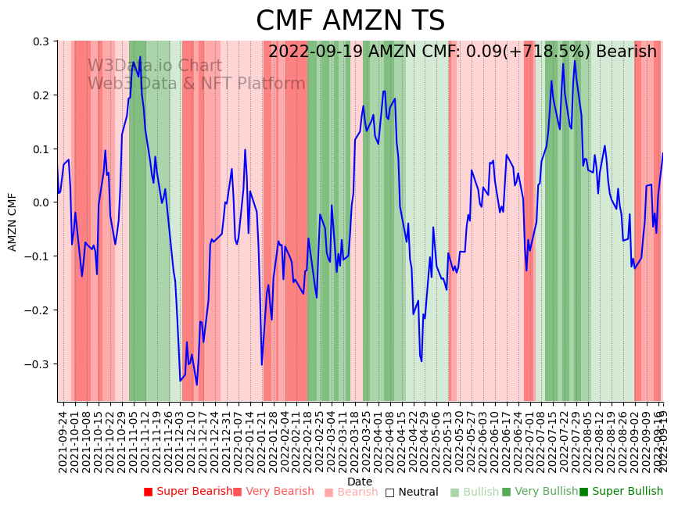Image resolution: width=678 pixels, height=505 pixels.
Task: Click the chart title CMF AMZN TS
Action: [x=350, y=21]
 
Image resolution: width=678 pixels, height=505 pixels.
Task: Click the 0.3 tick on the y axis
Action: [x=40, y=41]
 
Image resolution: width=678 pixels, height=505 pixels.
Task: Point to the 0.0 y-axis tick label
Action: [x=40, y=202]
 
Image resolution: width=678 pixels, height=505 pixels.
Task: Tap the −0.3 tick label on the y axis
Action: [x=37, y=364]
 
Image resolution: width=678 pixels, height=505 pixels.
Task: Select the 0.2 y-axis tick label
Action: [x=40, y=95]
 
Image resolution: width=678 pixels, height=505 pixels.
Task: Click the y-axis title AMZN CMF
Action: [x=13, y=222]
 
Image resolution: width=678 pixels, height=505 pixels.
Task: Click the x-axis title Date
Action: [x=360, y=482]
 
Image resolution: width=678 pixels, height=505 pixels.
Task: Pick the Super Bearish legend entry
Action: [x=188, y=492]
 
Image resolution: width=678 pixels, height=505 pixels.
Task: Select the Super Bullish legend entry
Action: [x=621, y=492]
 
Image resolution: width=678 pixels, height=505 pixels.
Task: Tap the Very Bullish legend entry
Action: [x=540, y=492]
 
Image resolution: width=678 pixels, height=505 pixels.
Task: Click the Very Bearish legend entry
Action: [x=274, y=492]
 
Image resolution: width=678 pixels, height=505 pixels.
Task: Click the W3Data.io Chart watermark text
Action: [x=154, y=66]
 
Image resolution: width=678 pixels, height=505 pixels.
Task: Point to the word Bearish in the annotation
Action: [x=626, y=52]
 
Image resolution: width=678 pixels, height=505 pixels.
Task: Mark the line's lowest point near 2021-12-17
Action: [x=196, y=385]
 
